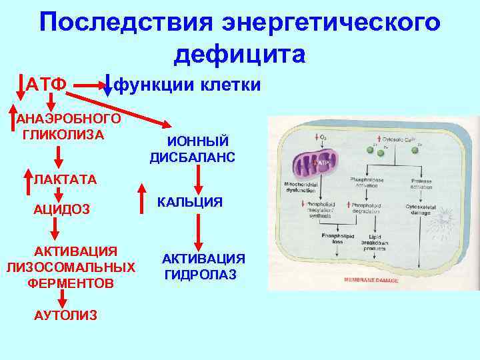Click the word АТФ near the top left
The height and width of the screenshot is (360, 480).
[46, 85]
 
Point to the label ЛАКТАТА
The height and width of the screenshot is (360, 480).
[65, 179]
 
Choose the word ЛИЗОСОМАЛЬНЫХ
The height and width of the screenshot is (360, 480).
[70, 267]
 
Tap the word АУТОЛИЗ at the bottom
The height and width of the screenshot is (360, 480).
[65, 315]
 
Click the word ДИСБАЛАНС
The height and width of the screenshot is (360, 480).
[193, 157]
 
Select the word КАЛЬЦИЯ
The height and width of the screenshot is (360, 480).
[190, 202]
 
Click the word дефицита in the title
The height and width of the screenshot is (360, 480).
[239, 54]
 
